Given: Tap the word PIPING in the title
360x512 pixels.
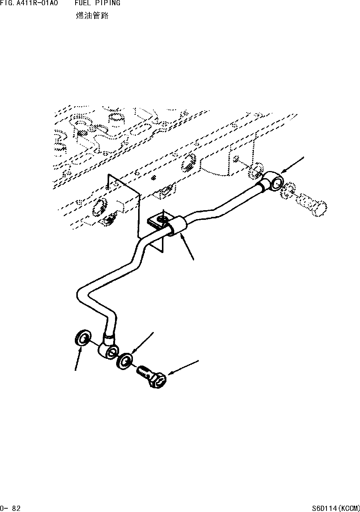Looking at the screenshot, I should pyautogui.click(x=109, y=3).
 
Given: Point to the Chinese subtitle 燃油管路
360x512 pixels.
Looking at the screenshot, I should pyautogui.click(x=92, y=16).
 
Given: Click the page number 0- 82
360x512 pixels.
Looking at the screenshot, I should pyautogui.click(x=10, y=508).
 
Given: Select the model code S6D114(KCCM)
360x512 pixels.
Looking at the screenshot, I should pyautogui.click(x=336, y=508).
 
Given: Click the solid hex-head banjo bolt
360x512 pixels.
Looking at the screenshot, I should pyautogui.click(x=153, y=377).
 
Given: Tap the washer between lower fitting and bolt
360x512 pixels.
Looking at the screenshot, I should pyautogui.click(x=125, y=360).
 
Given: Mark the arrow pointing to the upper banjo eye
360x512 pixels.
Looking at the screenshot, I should pyautogui.click(x=293, y=165).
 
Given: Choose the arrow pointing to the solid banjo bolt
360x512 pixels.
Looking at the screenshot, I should pyautogui.click(x=183, y=367).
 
